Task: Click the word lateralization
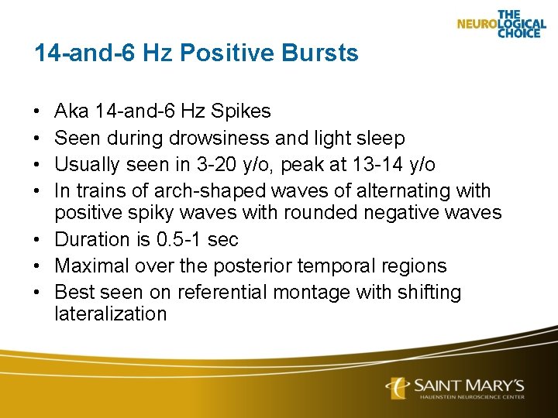click(111, 313)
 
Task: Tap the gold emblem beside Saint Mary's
click(397, 388)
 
